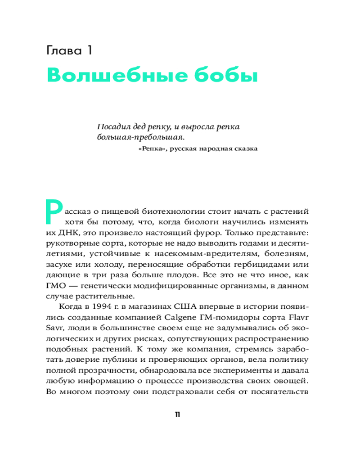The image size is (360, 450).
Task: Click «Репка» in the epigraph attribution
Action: [149, 149]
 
